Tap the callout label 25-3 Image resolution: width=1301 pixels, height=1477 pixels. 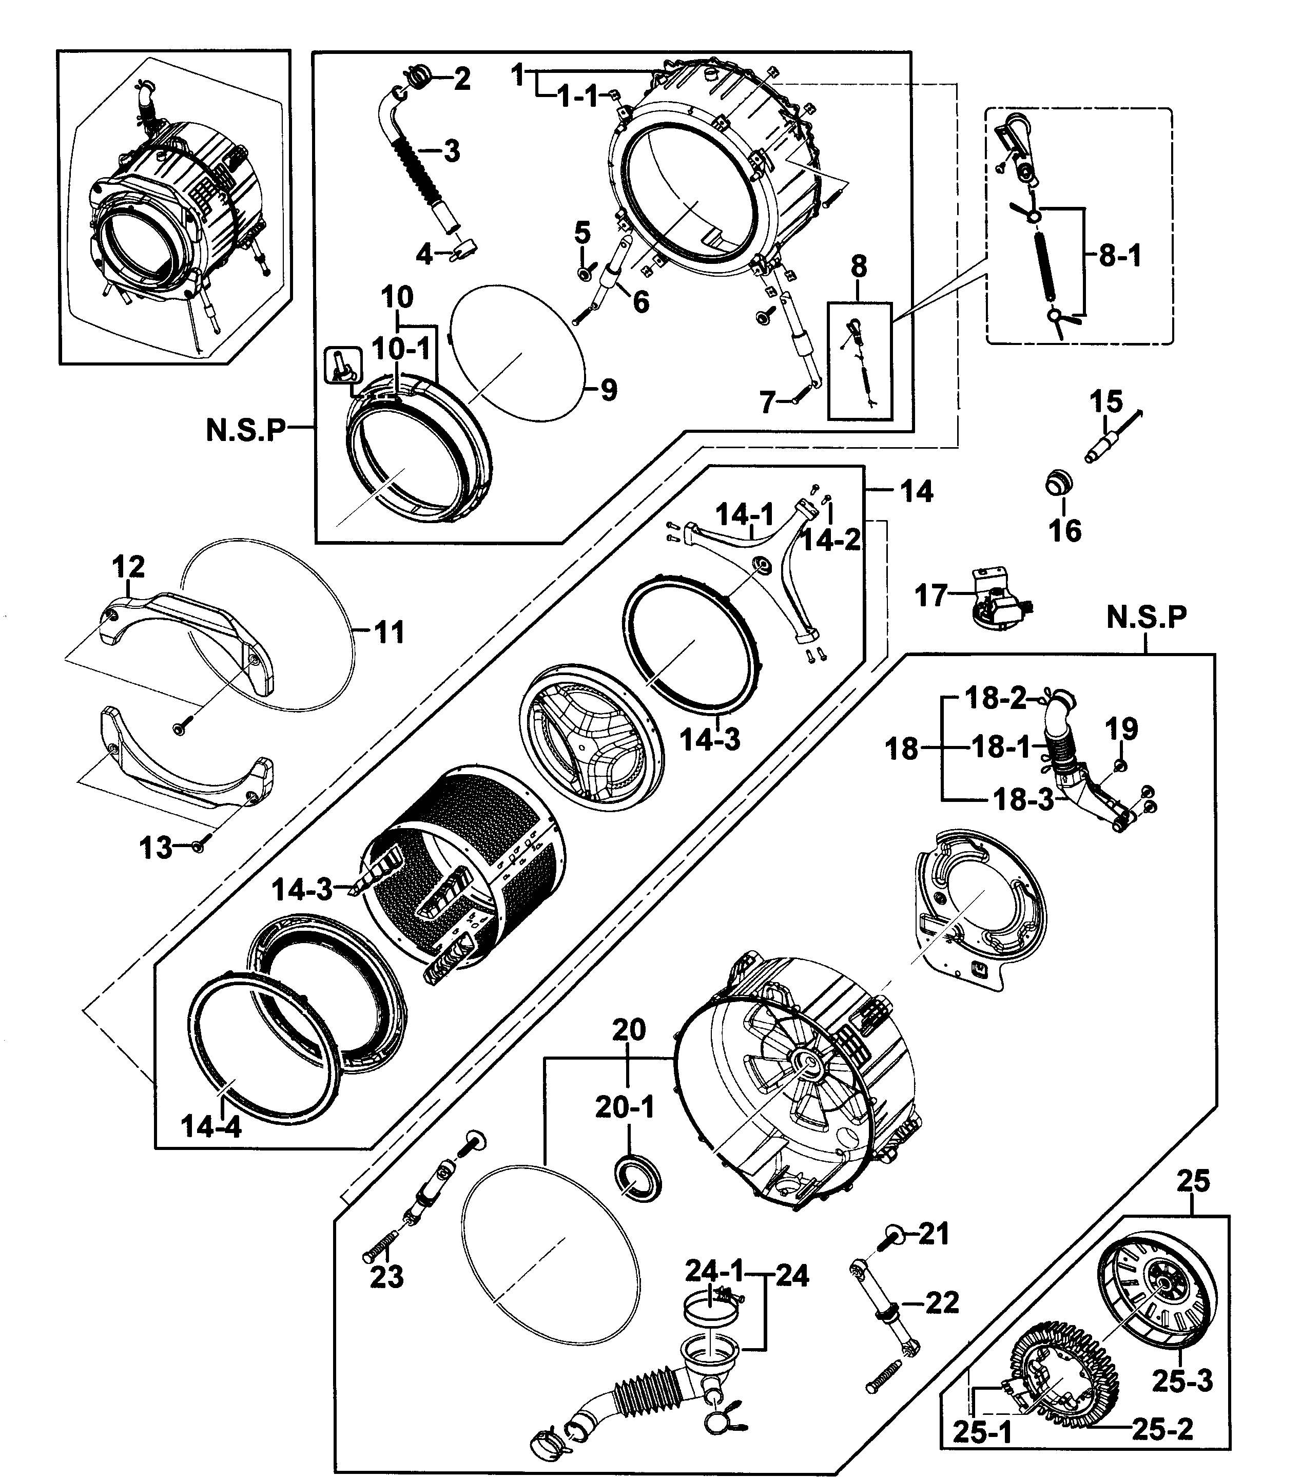point(1182,1381)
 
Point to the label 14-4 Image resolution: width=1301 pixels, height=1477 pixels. point(210,1125)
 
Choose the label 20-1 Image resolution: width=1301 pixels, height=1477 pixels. point(624,1106)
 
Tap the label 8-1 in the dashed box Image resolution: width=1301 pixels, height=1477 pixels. point(1120,256)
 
